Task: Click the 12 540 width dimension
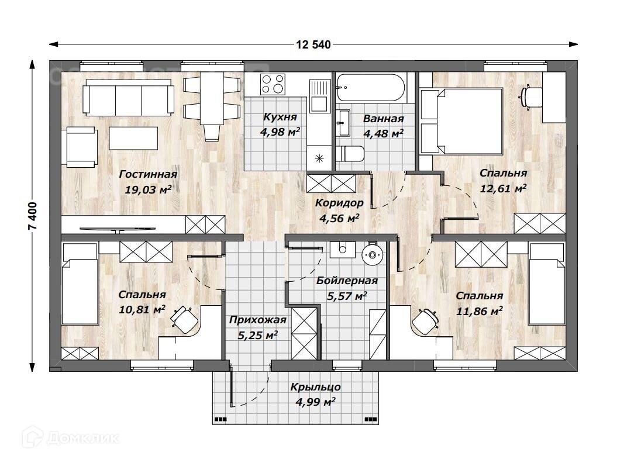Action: point(313,44)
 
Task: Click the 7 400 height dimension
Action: point(33,215)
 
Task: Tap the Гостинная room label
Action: point(148,174)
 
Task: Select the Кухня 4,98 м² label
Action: point(280,125)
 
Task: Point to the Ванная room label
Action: point(384,119)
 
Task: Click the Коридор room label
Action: point(339,203)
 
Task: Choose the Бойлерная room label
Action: point(347,281)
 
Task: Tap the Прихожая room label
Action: point(257,320)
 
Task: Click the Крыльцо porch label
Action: point(315,387)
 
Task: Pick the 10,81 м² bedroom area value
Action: point(142,309)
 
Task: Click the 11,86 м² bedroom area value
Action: point(479,311)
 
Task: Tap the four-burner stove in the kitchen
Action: point(273,84)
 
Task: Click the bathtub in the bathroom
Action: point(371,88)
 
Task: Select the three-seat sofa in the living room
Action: point(128,97)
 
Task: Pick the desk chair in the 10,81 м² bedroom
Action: point(184,319)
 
